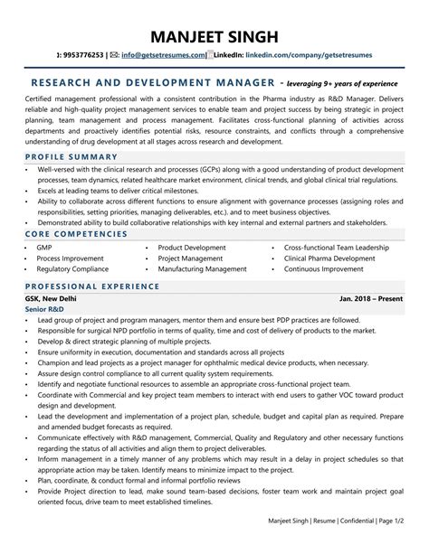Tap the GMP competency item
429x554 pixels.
(44, 247)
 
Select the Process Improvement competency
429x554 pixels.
(71, 258)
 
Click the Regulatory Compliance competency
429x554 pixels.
(72, 268)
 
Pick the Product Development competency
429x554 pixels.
(192, 247)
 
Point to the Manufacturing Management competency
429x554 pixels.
(202, 268)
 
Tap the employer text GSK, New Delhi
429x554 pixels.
(52, 298)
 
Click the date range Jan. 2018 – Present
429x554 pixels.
(371, 298)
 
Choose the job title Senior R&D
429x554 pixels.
(44, 309)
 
